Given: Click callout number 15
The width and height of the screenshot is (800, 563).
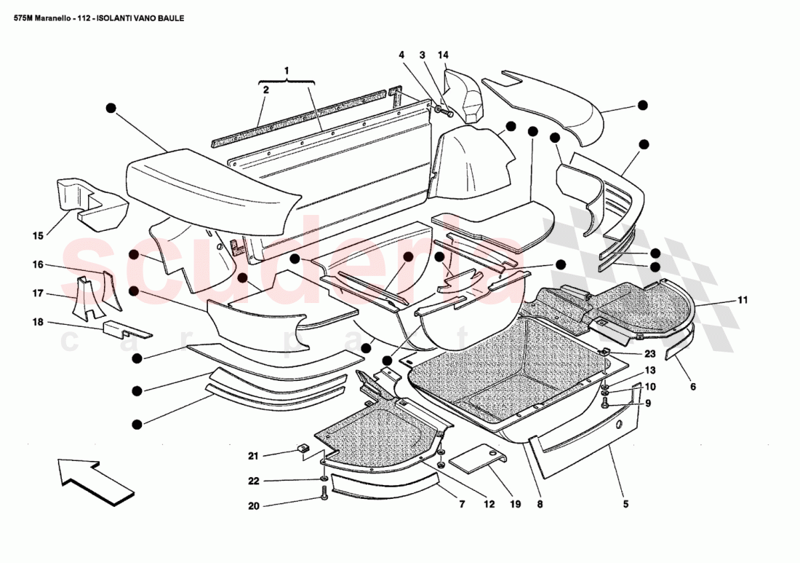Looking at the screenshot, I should [38, 235].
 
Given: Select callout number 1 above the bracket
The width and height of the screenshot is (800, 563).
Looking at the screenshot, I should [287, 70].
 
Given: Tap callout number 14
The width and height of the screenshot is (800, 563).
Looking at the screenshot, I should [443, 55].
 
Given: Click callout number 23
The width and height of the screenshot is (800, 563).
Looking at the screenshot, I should [649, 354].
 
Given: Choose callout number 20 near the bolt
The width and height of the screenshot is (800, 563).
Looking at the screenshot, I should [252, 505].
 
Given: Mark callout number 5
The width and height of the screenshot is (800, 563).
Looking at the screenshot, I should [625, 503].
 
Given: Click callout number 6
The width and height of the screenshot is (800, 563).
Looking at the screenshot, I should [692, 387].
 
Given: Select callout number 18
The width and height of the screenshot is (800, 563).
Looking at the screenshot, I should [38, 321].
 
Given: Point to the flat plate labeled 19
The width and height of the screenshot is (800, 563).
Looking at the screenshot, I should [476, 460].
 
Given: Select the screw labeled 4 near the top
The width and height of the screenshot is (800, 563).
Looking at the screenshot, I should [441, 109].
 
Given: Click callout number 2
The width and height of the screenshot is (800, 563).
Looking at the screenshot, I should [265, 90].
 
